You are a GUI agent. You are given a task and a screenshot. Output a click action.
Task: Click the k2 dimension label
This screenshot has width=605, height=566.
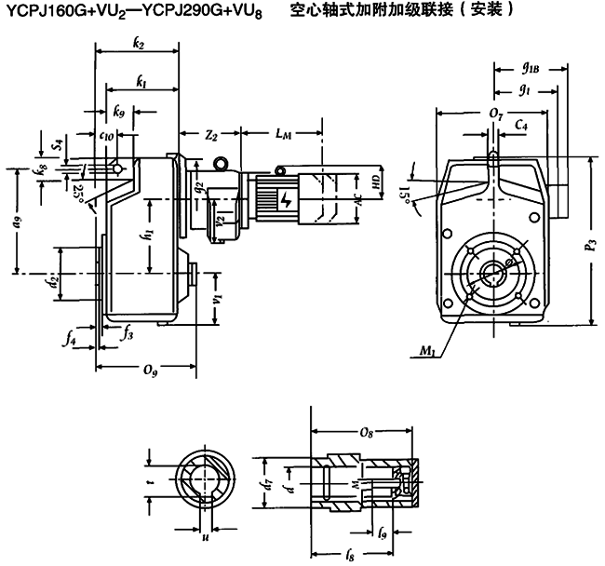139,44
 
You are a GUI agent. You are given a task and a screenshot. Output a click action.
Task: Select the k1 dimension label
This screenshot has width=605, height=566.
141,83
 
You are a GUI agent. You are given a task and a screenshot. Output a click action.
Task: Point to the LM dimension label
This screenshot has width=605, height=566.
283,136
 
